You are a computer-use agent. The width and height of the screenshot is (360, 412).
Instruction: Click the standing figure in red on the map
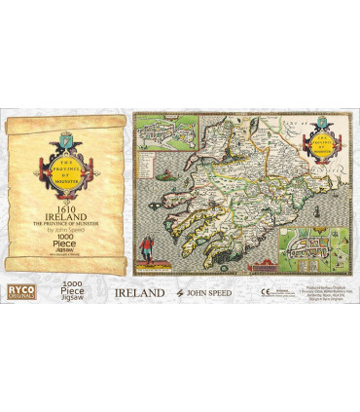coord(148,243)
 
